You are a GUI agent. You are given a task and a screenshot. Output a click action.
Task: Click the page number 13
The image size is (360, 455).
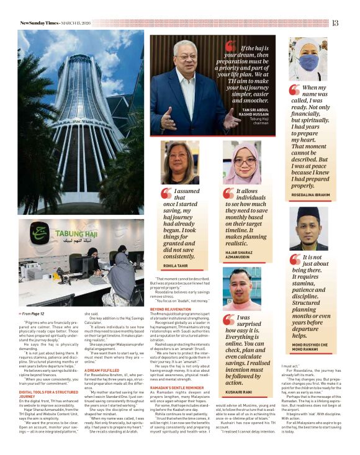coord(335,23)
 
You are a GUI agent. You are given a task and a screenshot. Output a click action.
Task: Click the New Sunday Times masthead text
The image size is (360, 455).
coord(38,23)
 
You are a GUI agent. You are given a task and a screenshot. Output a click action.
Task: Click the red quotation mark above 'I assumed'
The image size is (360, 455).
coord(166,194)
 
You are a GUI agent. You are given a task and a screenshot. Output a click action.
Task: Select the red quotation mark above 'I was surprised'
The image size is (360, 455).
coord(228,320)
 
